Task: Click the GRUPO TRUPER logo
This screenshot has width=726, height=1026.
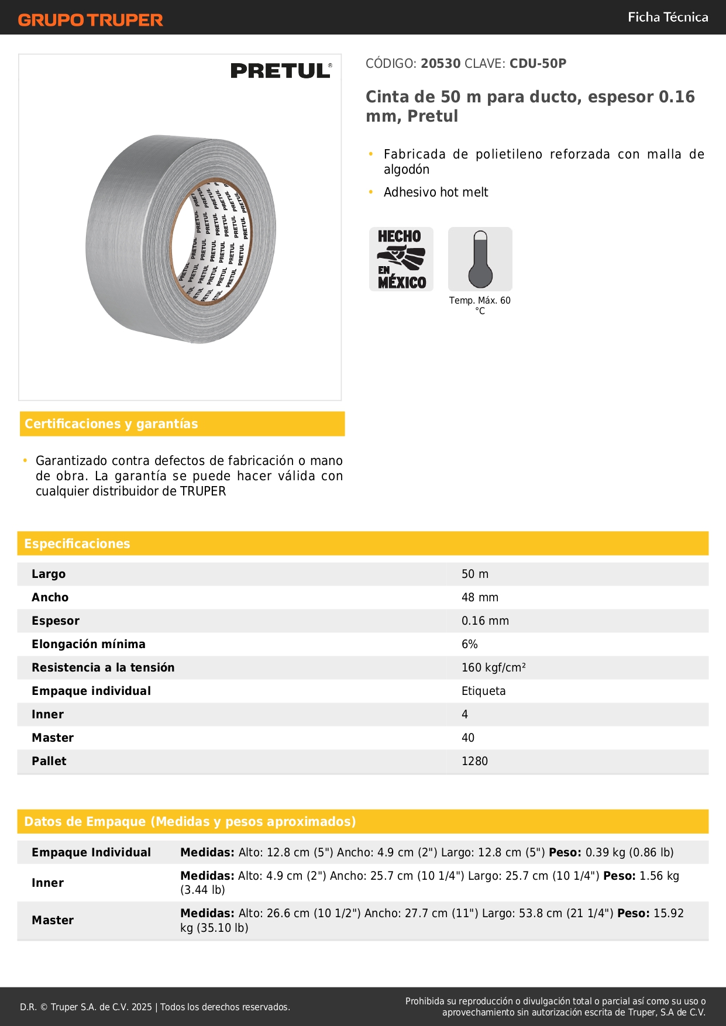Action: point(90,20)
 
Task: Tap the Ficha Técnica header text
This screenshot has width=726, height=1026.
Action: point(667,17)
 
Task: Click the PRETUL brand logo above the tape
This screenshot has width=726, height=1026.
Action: point(281,71)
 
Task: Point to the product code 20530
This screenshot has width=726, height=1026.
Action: point(441,63)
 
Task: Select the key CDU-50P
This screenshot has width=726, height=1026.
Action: point(538,63)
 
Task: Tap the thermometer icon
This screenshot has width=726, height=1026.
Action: point(480,259)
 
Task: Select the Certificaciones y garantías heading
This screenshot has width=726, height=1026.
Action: point(111,424)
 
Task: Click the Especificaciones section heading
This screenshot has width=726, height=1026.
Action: point(77,543)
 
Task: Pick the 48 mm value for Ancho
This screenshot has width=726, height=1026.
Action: point(480,597)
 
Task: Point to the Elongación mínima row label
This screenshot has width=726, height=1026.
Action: point(88,644)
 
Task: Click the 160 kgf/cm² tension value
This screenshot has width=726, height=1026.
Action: point(493,667)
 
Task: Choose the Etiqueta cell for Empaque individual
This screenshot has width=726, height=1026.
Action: point(483,691)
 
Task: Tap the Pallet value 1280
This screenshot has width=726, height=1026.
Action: point(474,761)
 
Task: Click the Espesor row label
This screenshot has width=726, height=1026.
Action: point(56,621)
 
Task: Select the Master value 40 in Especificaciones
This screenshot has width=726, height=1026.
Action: point(468,738)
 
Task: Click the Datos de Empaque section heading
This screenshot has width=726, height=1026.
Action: point(190,821)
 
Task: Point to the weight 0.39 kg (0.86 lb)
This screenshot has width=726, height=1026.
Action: point(629,852)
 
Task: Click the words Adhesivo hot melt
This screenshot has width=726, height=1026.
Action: point(436,192)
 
